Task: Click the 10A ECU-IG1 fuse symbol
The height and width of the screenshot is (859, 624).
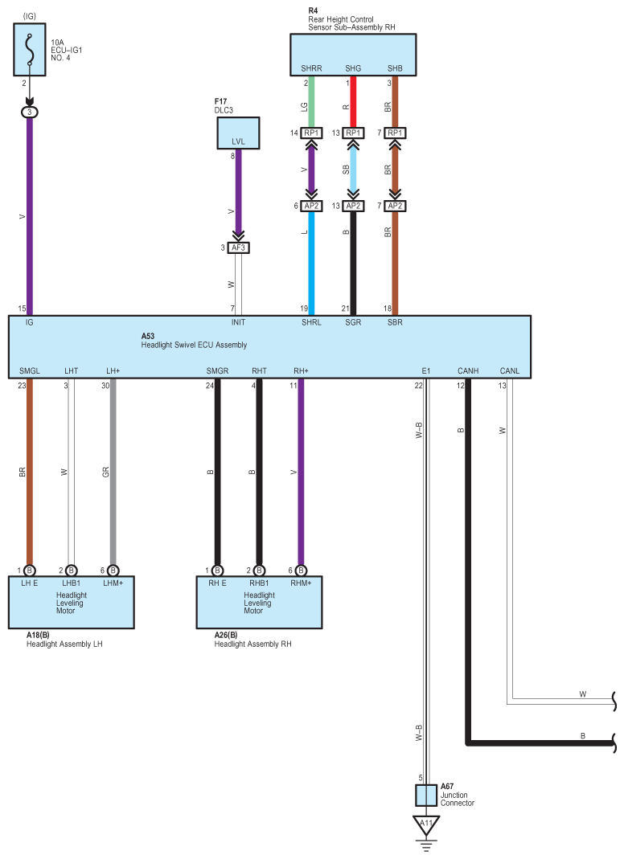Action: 30,49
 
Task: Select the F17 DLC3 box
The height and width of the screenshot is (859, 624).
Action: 238,133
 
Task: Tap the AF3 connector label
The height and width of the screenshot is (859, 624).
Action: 238,247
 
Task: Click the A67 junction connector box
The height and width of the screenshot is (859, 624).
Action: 426,796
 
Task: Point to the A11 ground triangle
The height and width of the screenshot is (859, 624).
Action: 426,824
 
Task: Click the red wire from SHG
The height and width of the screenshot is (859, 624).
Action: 353,102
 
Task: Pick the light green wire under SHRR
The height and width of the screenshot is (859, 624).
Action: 311,102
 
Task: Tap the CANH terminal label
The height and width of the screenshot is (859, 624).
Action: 468,371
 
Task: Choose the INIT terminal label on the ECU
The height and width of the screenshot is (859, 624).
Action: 238,322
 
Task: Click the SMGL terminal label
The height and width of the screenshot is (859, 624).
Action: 30,371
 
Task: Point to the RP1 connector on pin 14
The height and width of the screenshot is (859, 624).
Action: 311,133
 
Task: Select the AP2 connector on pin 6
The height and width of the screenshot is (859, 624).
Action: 311,206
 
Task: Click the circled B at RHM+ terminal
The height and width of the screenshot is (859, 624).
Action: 301,571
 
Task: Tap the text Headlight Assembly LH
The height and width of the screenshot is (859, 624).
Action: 64,644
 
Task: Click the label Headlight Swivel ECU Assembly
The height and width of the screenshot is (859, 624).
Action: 194,346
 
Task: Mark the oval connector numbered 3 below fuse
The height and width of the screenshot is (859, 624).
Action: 30,112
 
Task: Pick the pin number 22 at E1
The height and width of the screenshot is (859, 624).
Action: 418,386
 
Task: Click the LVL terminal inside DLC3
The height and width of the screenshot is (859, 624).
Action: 238,141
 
